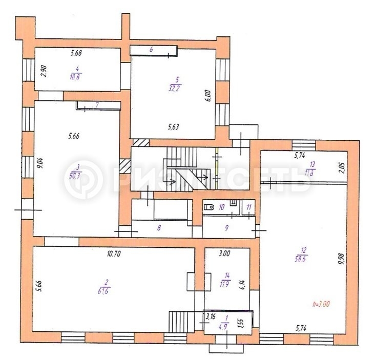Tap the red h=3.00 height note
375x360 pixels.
click(x=321, y=304)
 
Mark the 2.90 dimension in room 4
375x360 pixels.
click(x=44, y=71)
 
